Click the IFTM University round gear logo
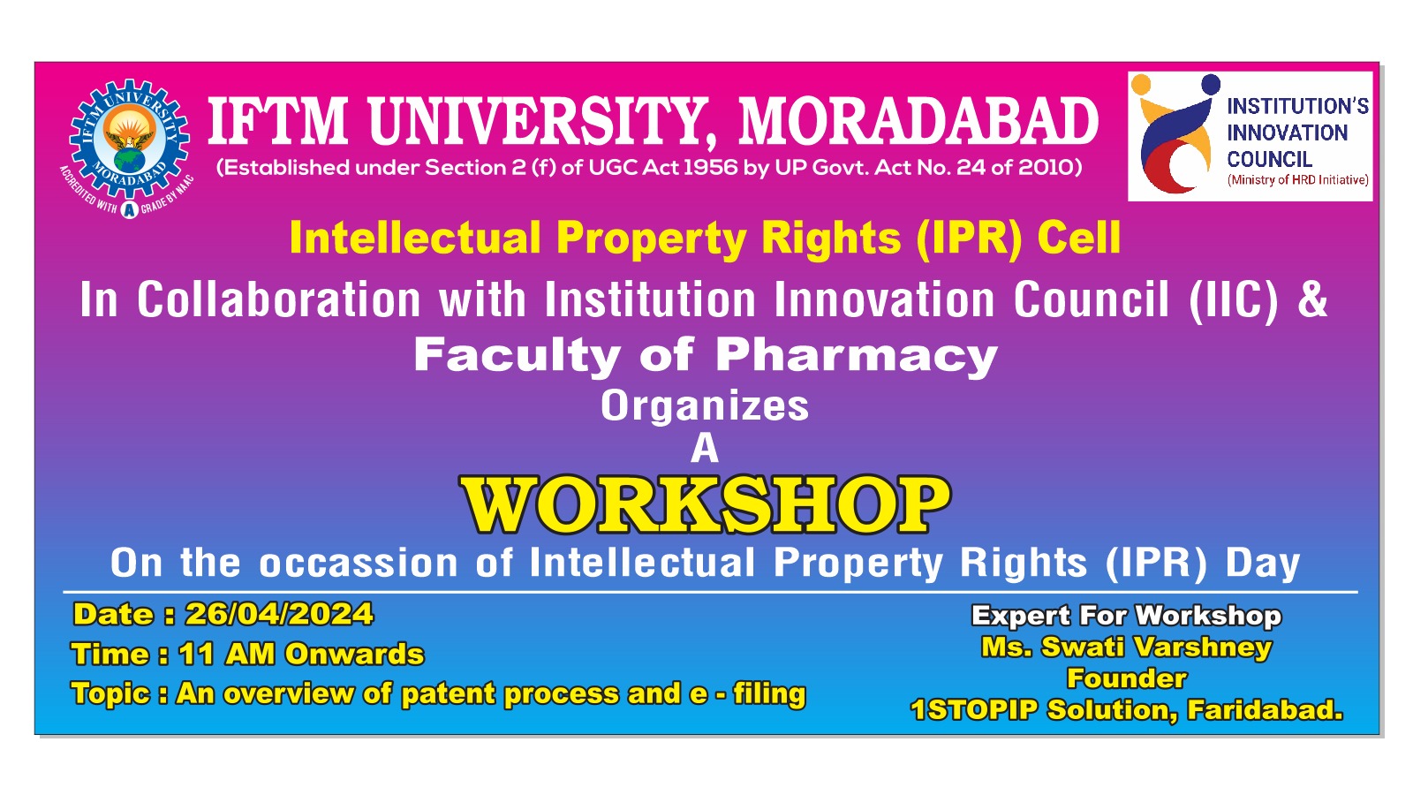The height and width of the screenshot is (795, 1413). click(129, 145)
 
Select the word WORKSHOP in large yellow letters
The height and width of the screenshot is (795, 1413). click(705, 505)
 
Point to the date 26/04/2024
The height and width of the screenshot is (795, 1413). click(279, 614)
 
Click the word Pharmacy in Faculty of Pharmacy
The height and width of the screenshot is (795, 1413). click(856, 355)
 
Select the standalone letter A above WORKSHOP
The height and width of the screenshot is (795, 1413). click(705, 449)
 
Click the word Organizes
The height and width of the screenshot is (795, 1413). click(705, 406)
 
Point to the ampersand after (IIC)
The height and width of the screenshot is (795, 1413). click(1312, 299)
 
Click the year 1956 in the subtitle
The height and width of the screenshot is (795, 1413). click(710, 168)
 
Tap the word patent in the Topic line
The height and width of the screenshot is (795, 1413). click(448, 694)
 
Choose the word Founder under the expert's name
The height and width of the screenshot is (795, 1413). click(1127, 678)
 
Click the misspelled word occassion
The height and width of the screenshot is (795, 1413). click(359, 564)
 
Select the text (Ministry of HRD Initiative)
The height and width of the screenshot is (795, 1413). click(1297, 180)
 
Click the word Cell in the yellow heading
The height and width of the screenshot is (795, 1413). click(1078, 238)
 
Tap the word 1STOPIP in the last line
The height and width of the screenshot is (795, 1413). click(973, 710)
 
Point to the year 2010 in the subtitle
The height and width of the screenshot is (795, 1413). click(1046, 168)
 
